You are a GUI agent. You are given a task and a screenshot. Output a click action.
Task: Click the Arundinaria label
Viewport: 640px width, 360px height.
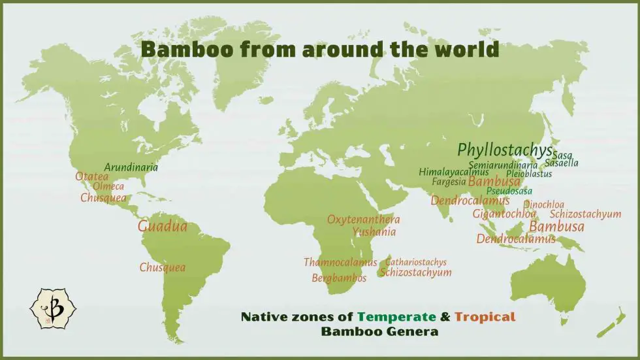pos(131,167)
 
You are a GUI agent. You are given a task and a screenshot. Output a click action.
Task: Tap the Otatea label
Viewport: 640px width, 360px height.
pos(91,176)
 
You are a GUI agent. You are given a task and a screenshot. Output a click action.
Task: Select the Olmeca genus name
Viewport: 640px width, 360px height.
pos(108,187)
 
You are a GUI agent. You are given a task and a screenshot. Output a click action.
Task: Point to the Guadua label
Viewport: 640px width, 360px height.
pos(162,227)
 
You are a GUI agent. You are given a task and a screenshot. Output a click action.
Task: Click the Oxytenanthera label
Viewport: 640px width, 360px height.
pos(363,220)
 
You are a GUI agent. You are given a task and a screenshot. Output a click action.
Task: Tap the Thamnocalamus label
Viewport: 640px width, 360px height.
pos(340,263)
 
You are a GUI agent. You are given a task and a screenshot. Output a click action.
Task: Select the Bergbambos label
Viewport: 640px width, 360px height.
pos(339,278)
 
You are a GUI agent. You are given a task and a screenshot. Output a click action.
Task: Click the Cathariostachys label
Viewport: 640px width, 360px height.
pos(415,262)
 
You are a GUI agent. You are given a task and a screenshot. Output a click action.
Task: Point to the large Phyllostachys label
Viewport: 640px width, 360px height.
pos(504,150)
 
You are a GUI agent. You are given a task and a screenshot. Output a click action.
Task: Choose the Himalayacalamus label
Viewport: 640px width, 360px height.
pos(453,172)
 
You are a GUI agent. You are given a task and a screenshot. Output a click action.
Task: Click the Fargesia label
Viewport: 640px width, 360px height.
pos(449,182)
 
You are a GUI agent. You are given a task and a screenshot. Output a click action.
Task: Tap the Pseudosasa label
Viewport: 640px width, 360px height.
pos(509,191)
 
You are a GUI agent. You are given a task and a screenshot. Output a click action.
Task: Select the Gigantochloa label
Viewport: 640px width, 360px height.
pos(504,214)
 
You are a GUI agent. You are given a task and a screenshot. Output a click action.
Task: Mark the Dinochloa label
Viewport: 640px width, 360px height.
pos(543,205)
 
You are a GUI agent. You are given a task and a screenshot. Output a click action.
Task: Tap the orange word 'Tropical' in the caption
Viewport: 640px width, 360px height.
pos(485,318)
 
